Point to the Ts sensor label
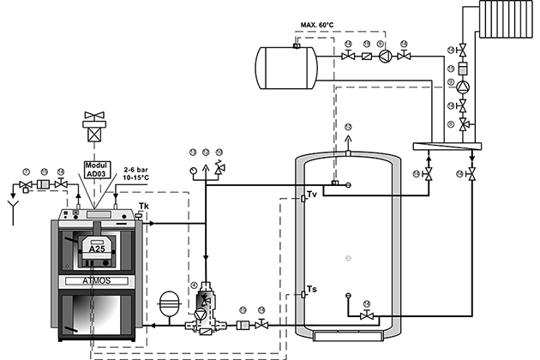pyautogui.click(x=311, y=290)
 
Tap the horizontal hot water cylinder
pyautogui.click(x=286, y=63)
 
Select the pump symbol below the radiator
pyautogui.click(x=463, y=87)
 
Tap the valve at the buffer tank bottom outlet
pyautogui.click(x=367, y=316)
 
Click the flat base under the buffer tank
pyautogui.click(x=347, y=332)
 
